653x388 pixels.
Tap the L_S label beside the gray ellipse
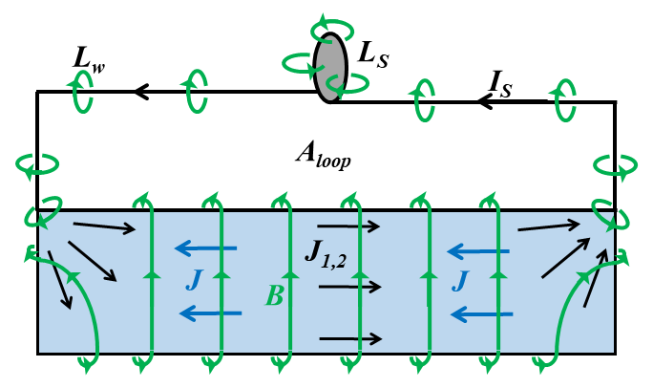[x=372, y=55]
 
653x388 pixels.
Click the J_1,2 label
[x=326, y=252]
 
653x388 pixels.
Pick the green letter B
[x=274, y=297]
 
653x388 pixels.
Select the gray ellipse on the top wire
[x=329, y=67]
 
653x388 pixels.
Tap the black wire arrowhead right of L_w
[x=140, y=92]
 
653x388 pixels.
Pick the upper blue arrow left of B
[x=204, y=249]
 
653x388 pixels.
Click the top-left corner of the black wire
[x=37, y=92]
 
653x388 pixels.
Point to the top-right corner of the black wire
[x=615, y=101]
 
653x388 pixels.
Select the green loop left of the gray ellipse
[x=298, y=64]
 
